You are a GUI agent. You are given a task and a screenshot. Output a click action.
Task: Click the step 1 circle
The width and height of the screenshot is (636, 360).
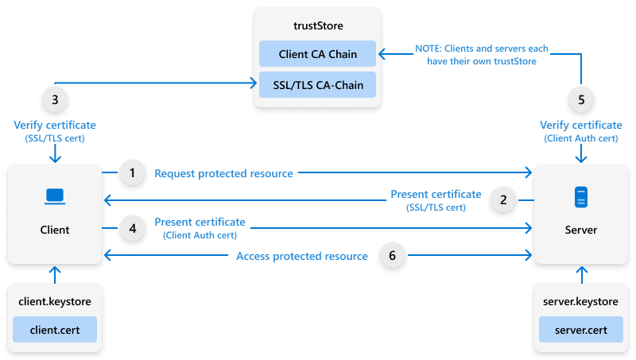132,172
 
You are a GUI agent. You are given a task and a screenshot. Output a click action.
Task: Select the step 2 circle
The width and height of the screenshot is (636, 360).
502,200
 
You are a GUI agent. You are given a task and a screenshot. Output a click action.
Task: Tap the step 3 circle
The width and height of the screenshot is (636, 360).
54,100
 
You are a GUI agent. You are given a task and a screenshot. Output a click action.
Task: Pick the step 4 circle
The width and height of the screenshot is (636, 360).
132,229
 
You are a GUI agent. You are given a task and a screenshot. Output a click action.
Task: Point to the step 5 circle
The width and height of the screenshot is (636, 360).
581,100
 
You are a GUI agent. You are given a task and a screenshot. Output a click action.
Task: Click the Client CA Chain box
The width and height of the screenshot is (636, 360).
317,54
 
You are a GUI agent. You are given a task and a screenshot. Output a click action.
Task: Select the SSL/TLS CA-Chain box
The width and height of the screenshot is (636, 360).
317,84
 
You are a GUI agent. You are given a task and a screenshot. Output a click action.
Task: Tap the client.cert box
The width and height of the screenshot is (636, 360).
54,328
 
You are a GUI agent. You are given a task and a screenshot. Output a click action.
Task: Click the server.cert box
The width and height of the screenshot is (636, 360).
580,328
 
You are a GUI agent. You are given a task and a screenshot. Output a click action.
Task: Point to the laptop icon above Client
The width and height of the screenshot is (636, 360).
54,195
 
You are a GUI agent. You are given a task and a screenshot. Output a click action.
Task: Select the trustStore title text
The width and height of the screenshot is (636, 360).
317,28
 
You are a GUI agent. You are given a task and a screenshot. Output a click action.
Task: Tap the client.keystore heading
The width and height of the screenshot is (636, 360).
54,302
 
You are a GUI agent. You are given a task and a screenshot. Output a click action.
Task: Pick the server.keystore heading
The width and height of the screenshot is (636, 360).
580,302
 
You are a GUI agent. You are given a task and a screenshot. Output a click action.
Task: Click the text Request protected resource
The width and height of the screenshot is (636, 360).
223,173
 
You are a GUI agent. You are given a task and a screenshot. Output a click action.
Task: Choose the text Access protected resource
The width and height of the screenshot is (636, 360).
302,256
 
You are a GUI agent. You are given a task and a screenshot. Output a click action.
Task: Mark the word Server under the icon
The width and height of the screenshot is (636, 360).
580,230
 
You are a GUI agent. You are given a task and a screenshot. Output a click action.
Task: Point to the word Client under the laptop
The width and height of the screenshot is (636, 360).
54,230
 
